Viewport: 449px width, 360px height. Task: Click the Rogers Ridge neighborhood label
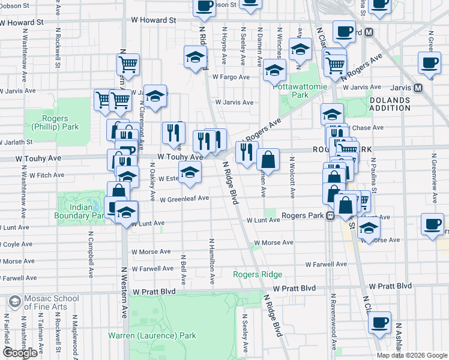258,274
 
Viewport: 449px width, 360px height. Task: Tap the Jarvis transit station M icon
418,88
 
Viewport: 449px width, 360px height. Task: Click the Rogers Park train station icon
330,216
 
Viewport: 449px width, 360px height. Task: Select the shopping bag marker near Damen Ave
268,160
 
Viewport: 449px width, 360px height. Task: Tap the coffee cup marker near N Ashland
379,322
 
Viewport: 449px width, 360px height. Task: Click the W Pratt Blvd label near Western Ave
154,291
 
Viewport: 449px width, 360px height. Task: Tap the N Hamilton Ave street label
211,261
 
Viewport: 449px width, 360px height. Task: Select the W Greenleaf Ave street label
184,198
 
